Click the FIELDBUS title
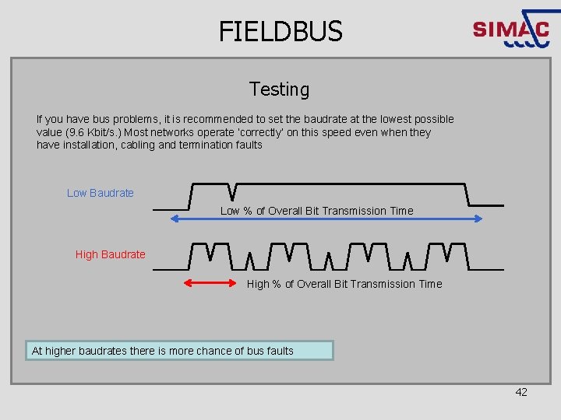point(280,31)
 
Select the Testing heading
point(279,89)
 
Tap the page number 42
point(521,392)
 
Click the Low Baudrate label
point(101,193)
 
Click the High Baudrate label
point(110,254)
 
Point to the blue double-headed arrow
point(326,219)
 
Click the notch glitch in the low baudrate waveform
point(232,191)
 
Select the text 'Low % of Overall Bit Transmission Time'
point(316,211)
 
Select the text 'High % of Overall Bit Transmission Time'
point(344,284)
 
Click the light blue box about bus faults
point(179,351)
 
